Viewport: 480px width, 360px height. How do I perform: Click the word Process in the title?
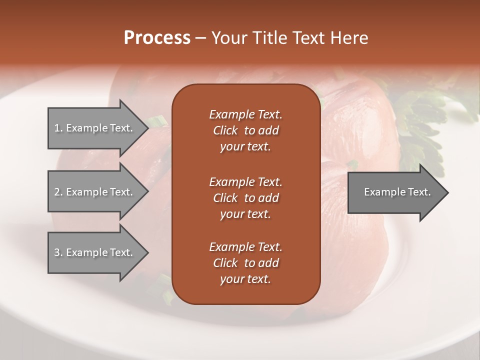point(157,38)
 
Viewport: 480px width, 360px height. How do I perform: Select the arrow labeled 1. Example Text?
point(93,128)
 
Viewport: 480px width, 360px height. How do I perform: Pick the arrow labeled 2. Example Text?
point(93,192)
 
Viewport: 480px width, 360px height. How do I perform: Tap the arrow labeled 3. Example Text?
point(93,252)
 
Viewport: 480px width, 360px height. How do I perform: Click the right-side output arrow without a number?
point(397,192)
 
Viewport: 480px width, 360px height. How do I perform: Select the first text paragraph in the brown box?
point(245,130)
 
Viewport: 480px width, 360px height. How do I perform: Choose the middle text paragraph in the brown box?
point(245,197)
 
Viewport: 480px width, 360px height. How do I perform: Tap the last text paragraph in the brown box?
point(245,263)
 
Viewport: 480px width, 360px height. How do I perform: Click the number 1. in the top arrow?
point(58,128)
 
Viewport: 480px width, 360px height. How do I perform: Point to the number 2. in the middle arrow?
point(58,192)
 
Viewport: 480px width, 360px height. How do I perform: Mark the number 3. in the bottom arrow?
point(58,252)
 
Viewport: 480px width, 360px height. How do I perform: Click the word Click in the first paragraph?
point(225,131)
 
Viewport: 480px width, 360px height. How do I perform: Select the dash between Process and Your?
point(201,38)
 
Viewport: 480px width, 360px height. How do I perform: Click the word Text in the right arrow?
point(419,192)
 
